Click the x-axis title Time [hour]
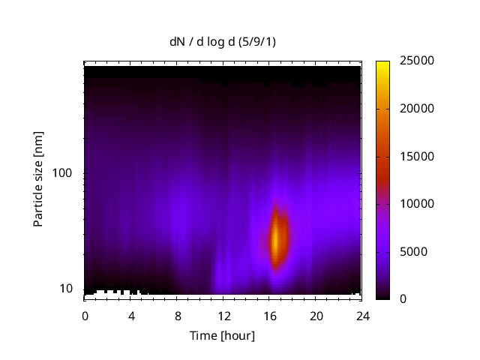(221, 335)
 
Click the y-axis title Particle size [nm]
(38, 179)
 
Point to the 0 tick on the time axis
(85, 315)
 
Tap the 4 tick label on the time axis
(131, 315)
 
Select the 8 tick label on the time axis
(178, 315)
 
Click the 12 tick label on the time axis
(223, 315)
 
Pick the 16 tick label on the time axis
(270, 315)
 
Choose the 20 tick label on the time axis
(316, 315)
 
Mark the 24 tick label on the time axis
(363, 315)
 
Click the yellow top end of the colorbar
(382, 63)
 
